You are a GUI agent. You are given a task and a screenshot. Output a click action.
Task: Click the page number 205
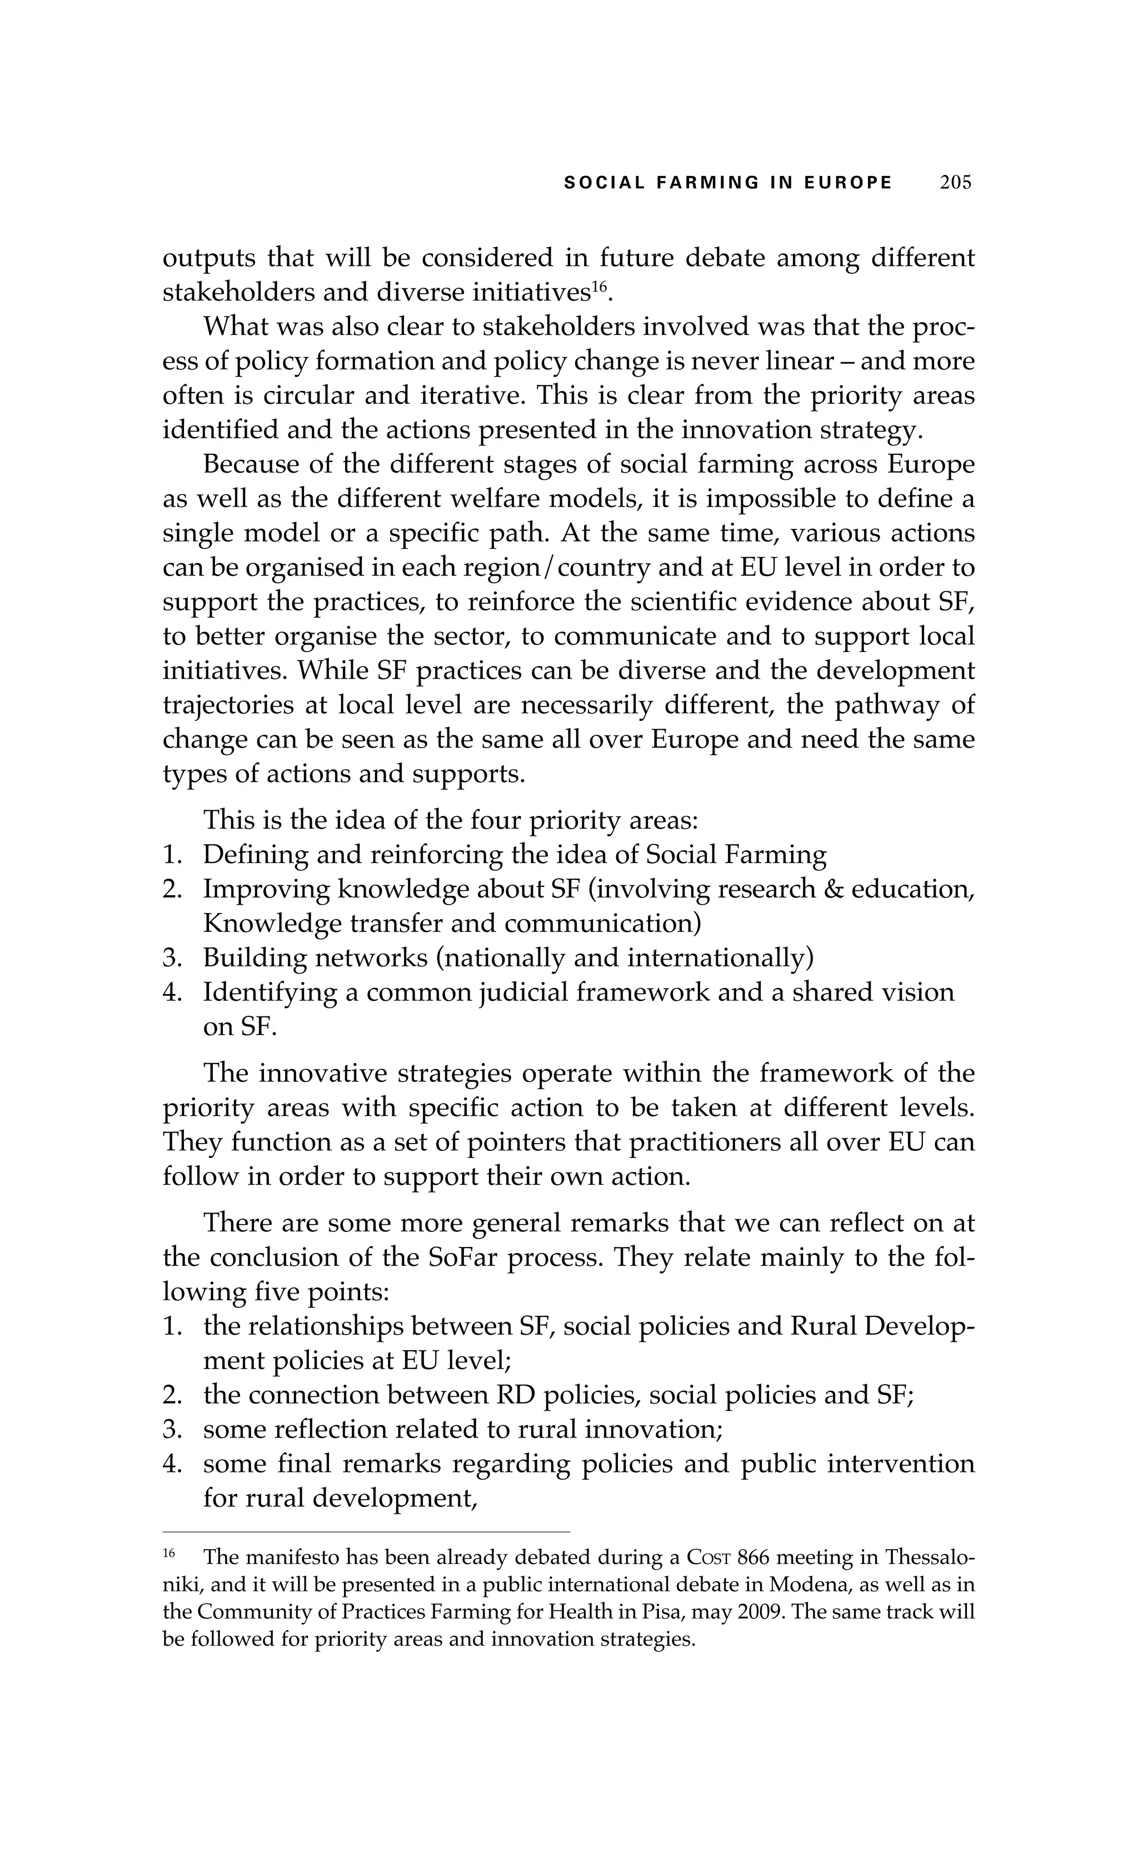click(x=955, y=183)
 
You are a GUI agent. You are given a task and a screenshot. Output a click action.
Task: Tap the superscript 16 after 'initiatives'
click(x=600, y=286)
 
